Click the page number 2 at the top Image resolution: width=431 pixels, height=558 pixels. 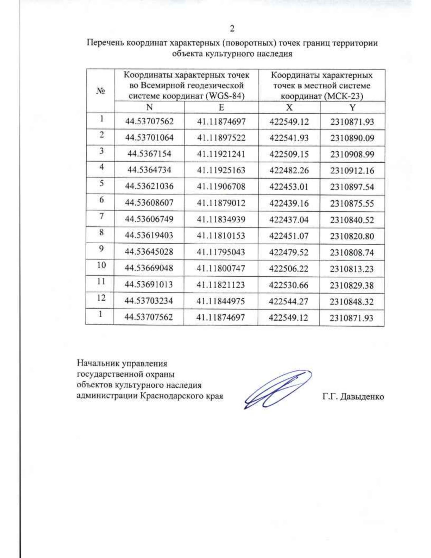[x=232, y=28]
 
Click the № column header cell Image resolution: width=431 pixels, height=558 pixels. [x=100, y=91]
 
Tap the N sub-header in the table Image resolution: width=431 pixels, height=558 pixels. [x=149, y=107]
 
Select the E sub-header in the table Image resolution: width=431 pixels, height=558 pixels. [x=221, y=107]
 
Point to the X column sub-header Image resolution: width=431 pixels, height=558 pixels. [x=289, y=107]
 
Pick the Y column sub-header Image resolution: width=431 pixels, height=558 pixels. [x=352, y=107]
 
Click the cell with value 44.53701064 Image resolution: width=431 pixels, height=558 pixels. [x=149, y=138]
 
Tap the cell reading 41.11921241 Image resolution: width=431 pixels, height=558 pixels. [x=221, y=154]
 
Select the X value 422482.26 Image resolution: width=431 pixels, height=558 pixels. [x=289, y=170]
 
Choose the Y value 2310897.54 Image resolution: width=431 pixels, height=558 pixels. [x=352, y=187]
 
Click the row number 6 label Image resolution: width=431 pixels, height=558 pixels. [x=102, y=200]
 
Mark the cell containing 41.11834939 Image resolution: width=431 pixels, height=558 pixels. [x=221, y=219]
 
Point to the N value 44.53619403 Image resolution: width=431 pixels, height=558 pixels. [x=149, y=235]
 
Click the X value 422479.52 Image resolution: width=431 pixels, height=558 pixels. [x=288, y=252]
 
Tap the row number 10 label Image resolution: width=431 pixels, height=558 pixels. [x=101, y=265]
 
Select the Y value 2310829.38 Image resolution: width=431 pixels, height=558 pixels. [x=352, y=285]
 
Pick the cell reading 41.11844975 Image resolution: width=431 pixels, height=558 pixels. [x=221, y=301]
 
